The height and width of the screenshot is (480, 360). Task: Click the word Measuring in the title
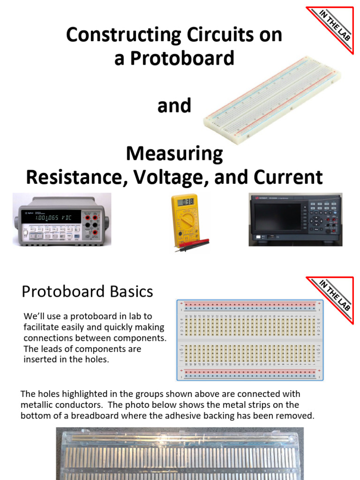174,154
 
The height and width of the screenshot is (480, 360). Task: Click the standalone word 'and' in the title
174,106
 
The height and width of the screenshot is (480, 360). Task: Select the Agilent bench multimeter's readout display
51,218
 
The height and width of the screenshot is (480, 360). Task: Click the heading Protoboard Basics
87,292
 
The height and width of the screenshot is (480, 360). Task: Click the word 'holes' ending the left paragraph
99,360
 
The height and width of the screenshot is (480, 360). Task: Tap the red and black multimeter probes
192,245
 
